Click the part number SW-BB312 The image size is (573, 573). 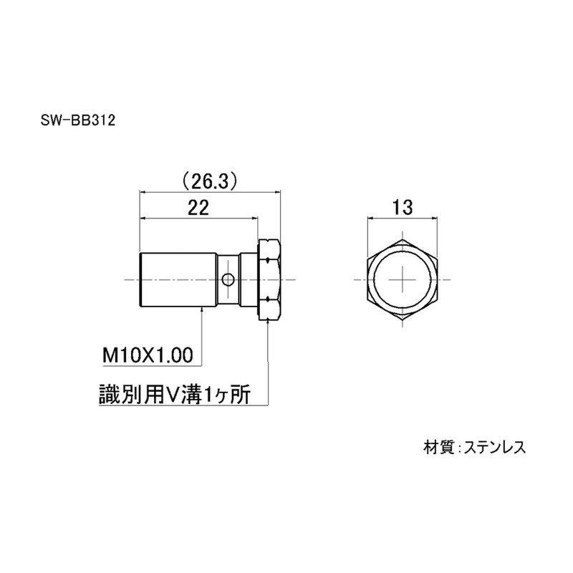pyautogui.click(x=78, y=120)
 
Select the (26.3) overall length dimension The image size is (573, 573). pyautogui.click(x=210, y=181)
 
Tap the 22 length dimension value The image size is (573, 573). pyautogui.click(x=198, y=208)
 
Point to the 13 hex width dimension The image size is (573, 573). pyautogui.click(x=403, y=208)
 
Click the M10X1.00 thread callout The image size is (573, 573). pyautogui.click(x=148, y=355)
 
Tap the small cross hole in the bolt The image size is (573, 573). pyautogui.click(x=228, y=280)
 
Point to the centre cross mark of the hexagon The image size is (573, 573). pyautogui.click(x=403, y=280)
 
